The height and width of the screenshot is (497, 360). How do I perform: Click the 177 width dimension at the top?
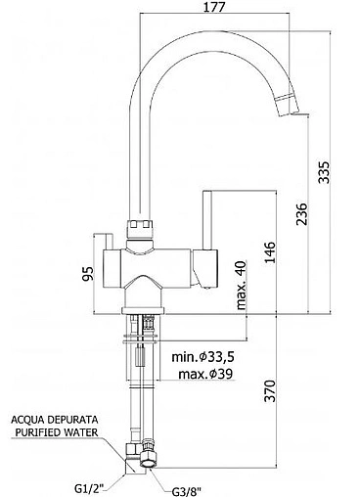pos(214,7)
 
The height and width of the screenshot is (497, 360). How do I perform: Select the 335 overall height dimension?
pos(324,172)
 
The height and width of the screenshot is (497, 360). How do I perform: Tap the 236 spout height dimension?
pos(302,214)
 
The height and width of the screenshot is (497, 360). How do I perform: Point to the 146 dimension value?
pos(270,252)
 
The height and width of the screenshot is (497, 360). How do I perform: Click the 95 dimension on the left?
pos(88,273)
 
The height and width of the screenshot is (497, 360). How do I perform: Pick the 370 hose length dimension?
pos(270,390)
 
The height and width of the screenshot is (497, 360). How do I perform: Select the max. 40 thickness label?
pos(242,285)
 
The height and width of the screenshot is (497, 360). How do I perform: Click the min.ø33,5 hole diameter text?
pos(202,357)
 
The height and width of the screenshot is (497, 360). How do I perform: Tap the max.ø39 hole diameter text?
pos(205,374)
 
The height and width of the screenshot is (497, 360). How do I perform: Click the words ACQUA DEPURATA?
pos(55,419)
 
